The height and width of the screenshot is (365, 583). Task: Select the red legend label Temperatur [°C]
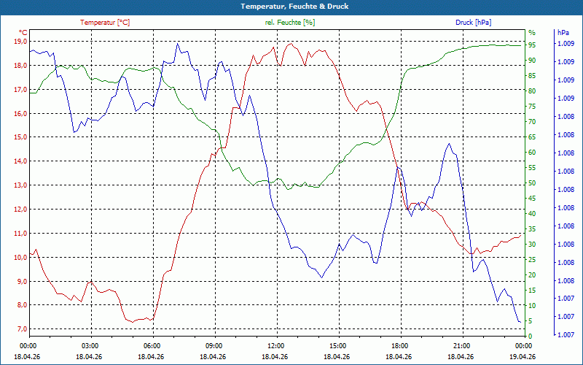pyautogui.click(x=105, y=23)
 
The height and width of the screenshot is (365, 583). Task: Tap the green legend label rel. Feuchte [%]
pyautogui.click(x=290, y=23)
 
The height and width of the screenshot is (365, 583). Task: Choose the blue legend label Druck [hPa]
pyautogui.click(x=474, y=23)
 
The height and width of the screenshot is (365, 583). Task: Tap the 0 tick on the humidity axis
pyautogui.click(x=531, y=337)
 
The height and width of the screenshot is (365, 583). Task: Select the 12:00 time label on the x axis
pyautogui.click(x=275, y=345)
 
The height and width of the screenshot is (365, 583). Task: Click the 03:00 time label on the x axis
pyautogui.click(x=90, y=345)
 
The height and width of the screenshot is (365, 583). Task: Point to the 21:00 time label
pyautogui.click(x=461, y=345)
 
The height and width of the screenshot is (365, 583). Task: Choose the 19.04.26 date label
pyautogui.click(x=523, y=356)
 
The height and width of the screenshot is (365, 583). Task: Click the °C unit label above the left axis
pyautogui.click(x=23, y=33)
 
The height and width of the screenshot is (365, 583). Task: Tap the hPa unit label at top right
pyautogui.click(x=563, y=33)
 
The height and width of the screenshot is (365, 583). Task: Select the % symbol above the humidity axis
pyautogui.click(x=532, y=33)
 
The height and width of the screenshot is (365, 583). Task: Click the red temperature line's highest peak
pyautogui.click(x=291, y=43)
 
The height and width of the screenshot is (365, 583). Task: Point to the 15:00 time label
pyautogui.click(x=337, y=345)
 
